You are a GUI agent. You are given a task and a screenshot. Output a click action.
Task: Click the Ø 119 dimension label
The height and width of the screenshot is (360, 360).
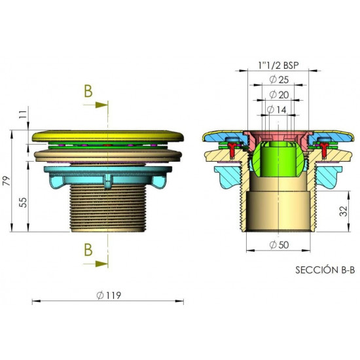(x=109, y=295)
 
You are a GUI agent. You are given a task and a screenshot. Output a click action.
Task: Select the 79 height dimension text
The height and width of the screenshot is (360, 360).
(x=7, y=181)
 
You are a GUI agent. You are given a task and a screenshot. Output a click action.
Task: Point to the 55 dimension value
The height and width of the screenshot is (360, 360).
(x=23, y=202)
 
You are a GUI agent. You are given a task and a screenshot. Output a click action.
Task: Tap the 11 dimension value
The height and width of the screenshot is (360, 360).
(x=23, y=114)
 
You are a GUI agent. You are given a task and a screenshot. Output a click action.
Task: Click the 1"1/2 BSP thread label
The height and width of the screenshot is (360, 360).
(x=278, y=65)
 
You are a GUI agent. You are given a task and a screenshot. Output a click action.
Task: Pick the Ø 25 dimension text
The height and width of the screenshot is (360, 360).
(x=279, y=80)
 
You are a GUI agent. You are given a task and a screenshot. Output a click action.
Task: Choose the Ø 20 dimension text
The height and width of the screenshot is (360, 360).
(x=279, y=95)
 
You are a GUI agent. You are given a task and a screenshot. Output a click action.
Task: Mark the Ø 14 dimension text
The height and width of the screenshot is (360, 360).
(x=277, y=110)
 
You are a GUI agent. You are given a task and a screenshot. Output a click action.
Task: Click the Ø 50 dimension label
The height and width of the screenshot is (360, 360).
(x=279, y=245)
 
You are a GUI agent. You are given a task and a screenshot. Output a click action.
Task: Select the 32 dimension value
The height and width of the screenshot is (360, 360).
(x=344, y=211)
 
